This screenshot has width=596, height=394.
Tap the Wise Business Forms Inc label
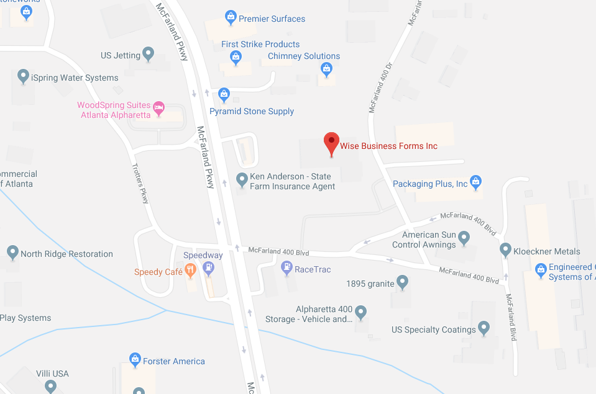(388, 146)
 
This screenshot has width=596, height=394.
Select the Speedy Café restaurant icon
(190, 270)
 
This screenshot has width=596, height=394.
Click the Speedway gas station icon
(209, 268)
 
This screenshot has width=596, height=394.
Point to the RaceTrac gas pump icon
(287, 268)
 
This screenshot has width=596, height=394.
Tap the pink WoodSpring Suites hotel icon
(159, 108)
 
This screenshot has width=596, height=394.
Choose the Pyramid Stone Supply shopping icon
(224, 94)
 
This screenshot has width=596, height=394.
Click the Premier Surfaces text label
(272, 19)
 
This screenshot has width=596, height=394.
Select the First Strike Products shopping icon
(236, 58)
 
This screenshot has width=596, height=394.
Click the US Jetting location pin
(149, 54)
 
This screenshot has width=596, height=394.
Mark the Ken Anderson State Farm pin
(242, 180)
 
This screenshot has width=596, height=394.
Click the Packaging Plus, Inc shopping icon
(476, 182)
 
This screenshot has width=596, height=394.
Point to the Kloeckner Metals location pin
(505, 249)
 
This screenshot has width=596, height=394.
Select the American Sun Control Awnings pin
(464, 237)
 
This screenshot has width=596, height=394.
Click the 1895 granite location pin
(403, 282)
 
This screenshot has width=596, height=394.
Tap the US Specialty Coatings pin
(484, 328)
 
